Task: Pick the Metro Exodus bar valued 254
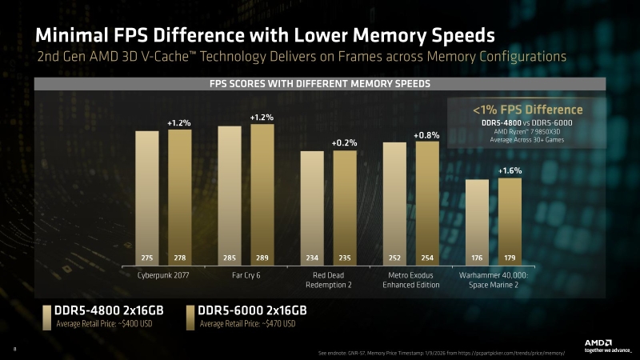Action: [427, 203]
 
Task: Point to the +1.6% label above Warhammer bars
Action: [510, 171]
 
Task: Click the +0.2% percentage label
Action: [344, 142]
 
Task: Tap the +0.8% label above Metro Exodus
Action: [426, 135]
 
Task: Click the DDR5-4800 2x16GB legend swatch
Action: [47, 316]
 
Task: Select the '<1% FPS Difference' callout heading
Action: [527, 110]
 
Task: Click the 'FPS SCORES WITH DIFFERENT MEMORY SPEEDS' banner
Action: [320, 84]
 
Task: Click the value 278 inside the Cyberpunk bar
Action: [179, 258]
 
